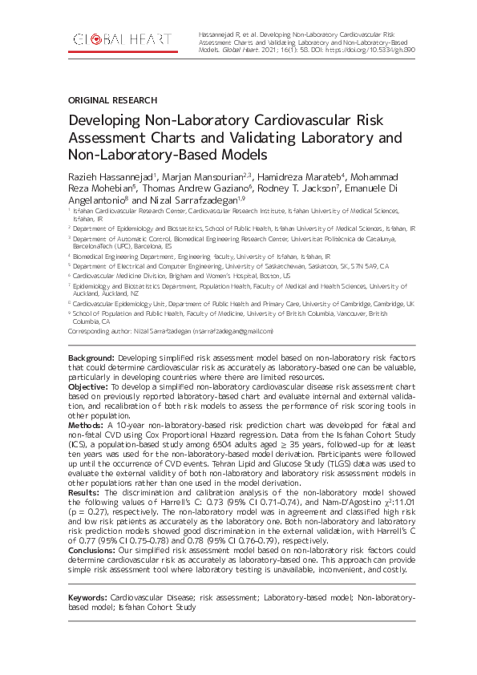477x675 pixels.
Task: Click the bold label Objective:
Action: click(x=88, y=386)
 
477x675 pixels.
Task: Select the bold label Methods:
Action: click(x=86, y=425)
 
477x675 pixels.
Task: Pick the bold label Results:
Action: click(x=84, y=491)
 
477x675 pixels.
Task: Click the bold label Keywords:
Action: click(x=87, y=597)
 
